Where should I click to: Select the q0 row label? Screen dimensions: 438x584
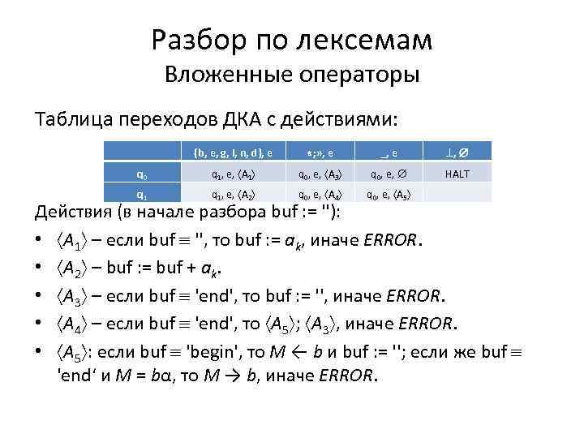[x=142, y=172]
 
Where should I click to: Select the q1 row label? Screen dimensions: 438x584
[x=142, y=193]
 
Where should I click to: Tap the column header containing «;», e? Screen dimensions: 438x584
[x=313, y=151]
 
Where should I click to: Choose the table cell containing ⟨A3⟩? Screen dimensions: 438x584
[x=313, y=172]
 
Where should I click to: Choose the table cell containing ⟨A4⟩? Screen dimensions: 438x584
[x=313, y=193]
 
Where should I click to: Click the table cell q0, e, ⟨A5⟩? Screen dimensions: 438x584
[x=389, y=193]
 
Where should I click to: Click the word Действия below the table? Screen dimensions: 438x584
[x=73, y=213]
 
